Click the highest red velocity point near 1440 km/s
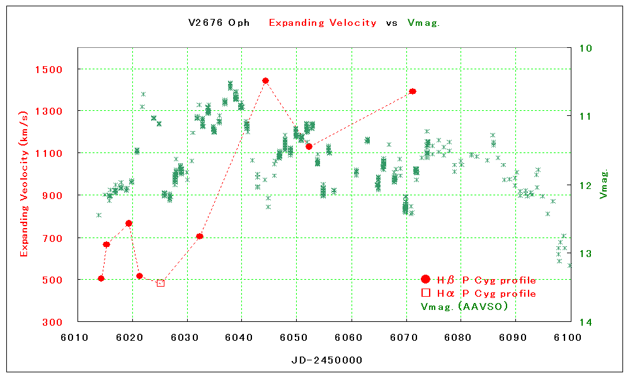[265, 81]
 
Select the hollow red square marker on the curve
[161, 283]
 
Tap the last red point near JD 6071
[413, 91]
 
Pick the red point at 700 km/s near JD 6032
[200, 236]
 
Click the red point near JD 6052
[309, 146]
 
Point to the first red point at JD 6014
[101, 278]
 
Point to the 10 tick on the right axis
[583, 48]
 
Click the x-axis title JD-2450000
[326, 360]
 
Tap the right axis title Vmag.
[604, 184]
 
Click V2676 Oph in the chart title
[219, 23]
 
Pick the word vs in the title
[391, 23]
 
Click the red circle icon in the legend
[425, 279]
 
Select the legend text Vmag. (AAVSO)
[464, 306]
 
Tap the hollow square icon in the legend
[426, 293]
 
